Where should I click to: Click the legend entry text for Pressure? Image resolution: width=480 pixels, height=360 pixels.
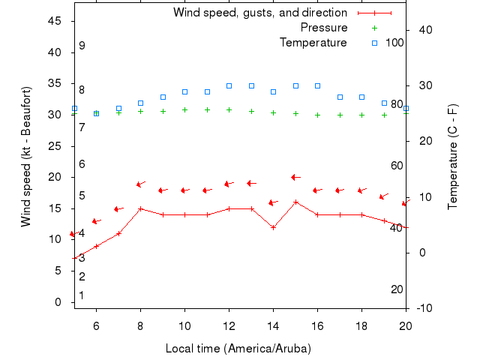(x=324, y=28)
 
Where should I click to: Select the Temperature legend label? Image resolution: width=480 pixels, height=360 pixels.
(x=313, y=43)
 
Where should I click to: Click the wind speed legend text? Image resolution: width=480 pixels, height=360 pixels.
(x=260, y=13)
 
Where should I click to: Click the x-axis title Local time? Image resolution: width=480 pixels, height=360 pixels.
(x=238, y=349)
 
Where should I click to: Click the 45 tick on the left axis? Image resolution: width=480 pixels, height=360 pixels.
(x=55, y=21)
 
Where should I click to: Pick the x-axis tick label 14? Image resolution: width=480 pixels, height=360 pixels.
(x=273, y=325)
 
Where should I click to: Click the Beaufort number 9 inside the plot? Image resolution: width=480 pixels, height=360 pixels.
(x=82, y=46)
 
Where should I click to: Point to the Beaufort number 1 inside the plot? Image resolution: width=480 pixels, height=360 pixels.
(x=82, y=295)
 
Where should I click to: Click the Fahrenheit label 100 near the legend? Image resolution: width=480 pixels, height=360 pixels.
(x=394, y=43)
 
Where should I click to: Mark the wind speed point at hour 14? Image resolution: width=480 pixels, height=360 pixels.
(x=273, y=227)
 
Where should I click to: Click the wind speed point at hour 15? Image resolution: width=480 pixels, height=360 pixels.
(x=295, y=202)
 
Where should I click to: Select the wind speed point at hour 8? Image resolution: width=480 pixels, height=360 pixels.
(x=140, y=208)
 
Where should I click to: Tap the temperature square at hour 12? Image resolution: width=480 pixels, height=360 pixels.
(x=229, y=85)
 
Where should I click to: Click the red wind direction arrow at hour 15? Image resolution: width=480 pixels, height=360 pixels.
(x=295, y=177)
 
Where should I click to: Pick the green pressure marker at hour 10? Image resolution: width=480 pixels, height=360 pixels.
(x=184, y=109)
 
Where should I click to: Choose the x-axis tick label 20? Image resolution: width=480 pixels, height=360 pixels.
(x=406, y=325)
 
